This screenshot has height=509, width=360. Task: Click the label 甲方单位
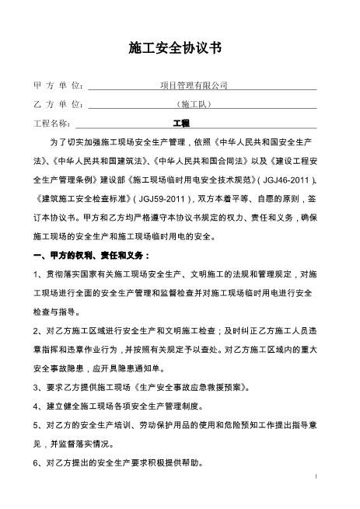pos(60,85)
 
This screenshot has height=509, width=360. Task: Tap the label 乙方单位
pos(60,104)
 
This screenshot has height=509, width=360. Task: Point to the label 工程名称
pos(51,123)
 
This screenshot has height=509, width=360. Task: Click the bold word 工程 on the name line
pos(181,123)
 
